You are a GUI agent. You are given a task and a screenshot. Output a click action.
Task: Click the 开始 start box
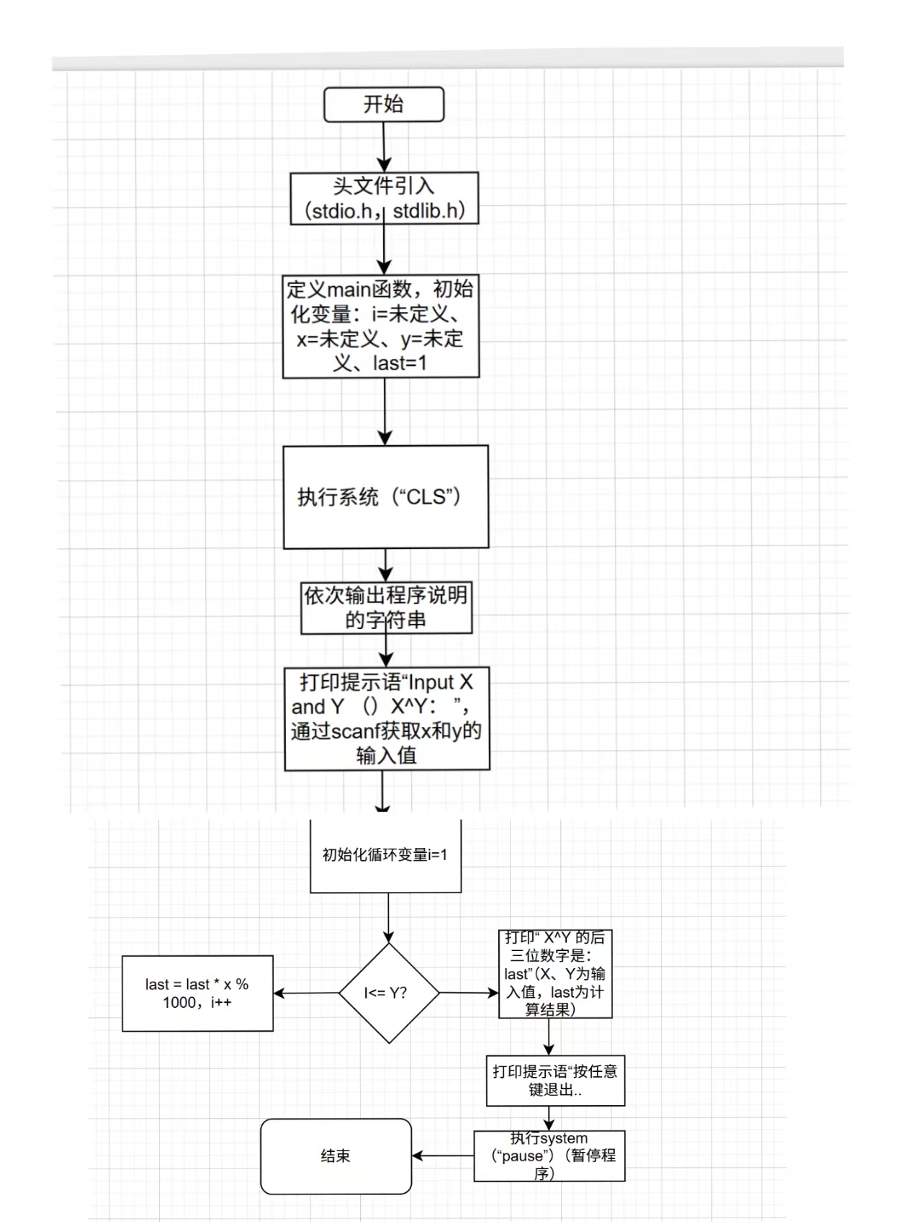coord(383,105)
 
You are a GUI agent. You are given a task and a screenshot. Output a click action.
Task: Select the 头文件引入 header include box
coord(384,198)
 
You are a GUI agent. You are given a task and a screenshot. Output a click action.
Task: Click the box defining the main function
coord(381,326)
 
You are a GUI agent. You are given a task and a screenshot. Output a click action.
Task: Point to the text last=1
coord(400,363)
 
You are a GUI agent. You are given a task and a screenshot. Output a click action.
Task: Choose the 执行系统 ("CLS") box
coord(385,497)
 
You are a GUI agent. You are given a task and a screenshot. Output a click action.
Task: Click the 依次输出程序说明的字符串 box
coord(386,607)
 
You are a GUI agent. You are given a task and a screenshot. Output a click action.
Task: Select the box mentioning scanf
coord(387,719)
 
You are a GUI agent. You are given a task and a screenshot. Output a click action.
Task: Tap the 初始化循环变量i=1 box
coord(385,856)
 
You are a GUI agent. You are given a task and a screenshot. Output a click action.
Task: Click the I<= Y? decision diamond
coord(389,993)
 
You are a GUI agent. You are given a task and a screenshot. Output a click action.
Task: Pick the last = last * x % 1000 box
coord(197,993)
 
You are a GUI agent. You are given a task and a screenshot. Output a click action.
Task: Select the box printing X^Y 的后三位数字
coord(554,973)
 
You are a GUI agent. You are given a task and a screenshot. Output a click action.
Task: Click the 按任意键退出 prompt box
coord(554,1081)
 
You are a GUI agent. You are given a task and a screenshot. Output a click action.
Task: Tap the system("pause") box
coord(549,1156)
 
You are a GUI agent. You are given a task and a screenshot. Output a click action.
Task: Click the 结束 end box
coord(336,1156)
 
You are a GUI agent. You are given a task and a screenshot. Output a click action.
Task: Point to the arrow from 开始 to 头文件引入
coord(384,147)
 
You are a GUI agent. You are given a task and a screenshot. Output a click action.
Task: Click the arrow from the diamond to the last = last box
coord(306,993)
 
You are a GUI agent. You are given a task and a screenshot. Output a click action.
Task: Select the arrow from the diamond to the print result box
coord(469,993)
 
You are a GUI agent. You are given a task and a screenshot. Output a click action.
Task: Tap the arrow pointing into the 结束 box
coord(442,1156)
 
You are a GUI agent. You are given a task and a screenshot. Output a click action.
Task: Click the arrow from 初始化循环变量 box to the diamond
coord(389,918)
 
